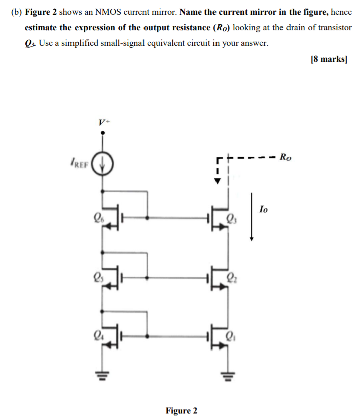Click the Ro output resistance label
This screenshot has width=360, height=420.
pos(285,157)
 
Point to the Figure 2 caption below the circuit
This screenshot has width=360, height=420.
pos(181,410)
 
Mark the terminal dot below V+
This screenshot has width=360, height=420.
pos(103,133)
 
